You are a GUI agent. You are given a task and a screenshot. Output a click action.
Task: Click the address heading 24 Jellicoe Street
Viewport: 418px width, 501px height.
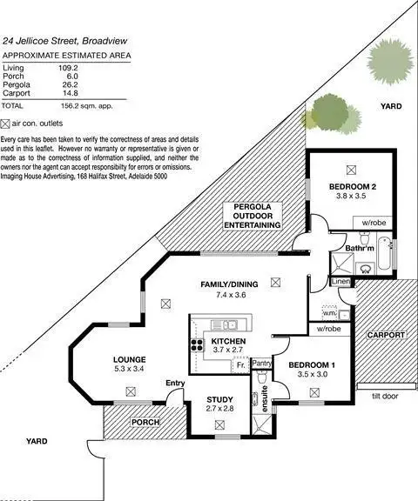(66, 40)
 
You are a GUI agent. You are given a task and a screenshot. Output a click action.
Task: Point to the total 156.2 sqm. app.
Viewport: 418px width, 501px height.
(92, 105)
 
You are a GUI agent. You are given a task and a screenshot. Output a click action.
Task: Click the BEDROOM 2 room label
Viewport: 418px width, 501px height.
(351, 187)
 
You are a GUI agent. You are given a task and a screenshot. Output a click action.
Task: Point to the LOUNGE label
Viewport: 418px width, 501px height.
(128, 359)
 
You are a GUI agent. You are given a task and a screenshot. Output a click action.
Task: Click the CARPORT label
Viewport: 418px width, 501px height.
(384, 334)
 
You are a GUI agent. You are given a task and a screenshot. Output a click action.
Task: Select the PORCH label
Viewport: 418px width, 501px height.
(145, 423)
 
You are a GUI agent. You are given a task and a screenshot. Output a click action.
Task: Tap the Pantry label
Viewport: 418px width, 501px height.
(262, 363)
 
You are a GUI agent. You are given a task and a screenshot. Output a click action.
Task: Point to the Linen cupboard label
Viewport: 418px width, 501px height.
(340, 282)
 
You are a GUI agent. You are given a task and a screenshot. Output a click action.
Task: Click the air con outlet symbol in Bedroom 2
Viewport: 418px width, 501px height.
(352, 170)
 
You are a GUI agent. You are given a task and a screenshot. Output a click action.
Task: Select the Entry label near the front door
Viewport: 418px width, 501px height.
(175, 384)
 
